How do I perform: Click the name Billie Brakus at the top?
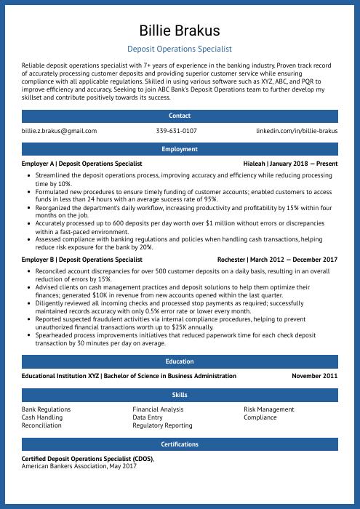pos(180,31)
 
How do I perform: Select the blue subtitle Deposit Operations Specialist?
pos(180,49)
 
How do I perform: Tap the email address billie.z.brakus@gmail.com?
pos(59,131)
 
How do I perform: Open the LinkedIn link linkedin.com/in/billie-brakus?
pos(297,131)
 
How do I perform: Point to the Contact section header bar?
pos(180,116)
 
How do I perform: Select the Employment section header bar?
pos(180,149)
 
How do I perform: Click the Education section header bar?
pos(180,361)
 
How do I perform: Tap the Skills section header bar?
pos(180,395)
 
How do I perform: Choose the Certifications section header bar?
pos(180,444)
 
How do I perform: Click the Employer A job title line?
pos(81,164)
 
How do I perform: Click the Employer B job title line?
pos(81,260)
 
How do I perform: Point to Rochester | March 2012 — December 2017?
pos(277,260)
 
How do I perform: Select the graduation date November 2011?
pos(315,377)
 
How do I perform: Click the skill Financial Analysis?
pos(158,410)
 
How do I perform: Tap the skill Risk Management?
pos(269,410)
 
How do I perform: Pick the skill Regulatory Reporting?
pos(162,426)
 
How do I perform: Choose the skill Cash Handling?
pos(42,418)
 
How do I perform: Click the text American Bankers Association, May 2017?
pos(79,466)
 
